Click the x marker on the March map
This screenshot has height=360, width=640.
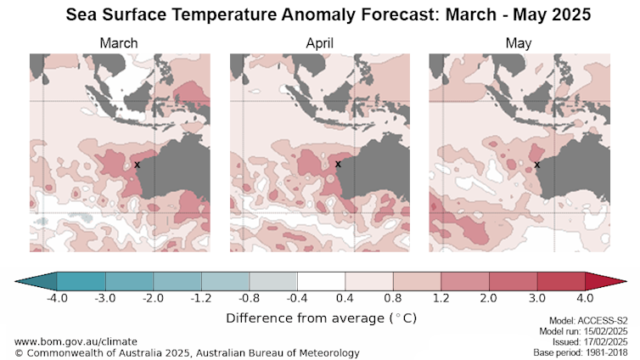tap(138, 164)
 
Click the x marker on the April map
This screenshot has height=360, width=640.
tap(338, 164)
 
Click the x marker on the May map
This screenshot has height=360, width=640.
tap(537, 164)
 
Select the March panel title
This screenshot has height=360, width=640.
tap(118, 42)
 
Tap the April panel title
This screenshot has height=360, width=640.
tap(319, 42)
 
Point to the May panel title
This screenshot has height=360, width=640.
tap(518, 42)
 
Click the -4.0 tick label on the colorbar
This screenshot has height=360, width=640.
tap(57, 299)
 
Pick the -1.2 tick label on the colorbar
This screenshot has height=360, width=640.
tap(201, 299)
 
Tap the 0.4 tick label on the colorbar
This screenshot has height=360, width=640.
tap(346, 299)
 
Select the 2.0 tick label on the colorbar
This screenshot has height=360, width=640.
tap(490, 299)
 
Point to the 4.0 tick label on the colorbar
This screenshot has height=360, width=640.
tap(586, 299)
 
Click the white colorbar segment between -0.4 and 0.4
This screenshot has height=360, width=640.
tap(322, 282)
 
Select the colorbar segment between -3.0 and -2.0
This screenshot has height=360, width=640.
tap(129, 282)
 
